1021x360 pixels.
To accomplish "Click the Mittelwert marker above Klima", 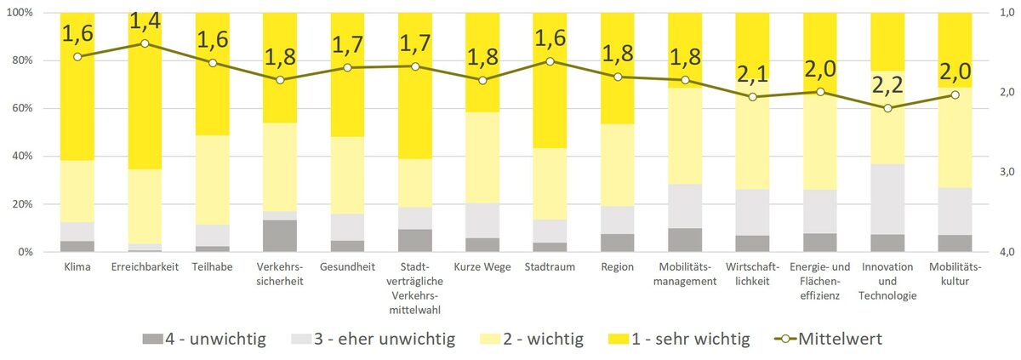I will click(77, 57).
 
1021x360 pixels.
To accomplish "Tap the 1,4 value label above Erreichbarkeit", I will click(145, 18).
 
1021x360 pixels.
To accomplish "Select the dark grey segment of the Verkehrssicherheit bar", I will click(280, 236).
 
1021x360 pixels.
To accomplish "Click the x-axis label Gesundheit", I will click(347, 267).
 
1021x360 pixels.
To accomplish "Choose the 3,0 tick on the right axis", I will click(1008, 172).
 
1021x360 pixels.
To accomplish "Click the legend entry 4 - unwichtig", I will click(204, 340).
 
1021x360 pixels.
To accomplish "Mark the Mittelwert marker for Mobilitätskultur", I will click(955, 94).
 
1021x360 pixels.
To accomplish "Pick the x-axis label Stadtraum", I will click(550, 267).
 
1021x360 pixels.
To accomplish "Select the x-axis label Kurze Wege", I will click(482, 267).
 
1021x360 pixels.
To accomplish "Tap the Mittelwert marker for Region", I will click(618, 77).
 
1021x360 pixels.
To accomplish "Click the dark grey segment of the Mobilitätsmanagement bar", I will click(685, 240).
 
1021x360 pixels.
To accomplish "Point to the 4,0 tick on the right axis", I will click(1008, 252).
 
